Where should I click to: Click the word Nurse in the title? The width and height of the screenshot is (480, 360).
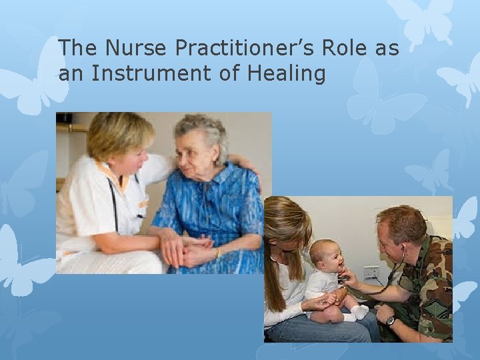tap(127, 48)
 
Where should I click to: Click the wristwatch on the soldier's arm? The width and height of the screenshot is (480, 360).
tap(391, 321)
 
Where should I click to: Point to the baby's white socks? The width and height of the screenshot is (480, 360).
tap(360, 311)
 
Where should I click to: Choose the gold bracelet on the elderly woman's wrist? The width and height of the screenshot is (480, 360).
tap(217, 253)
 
